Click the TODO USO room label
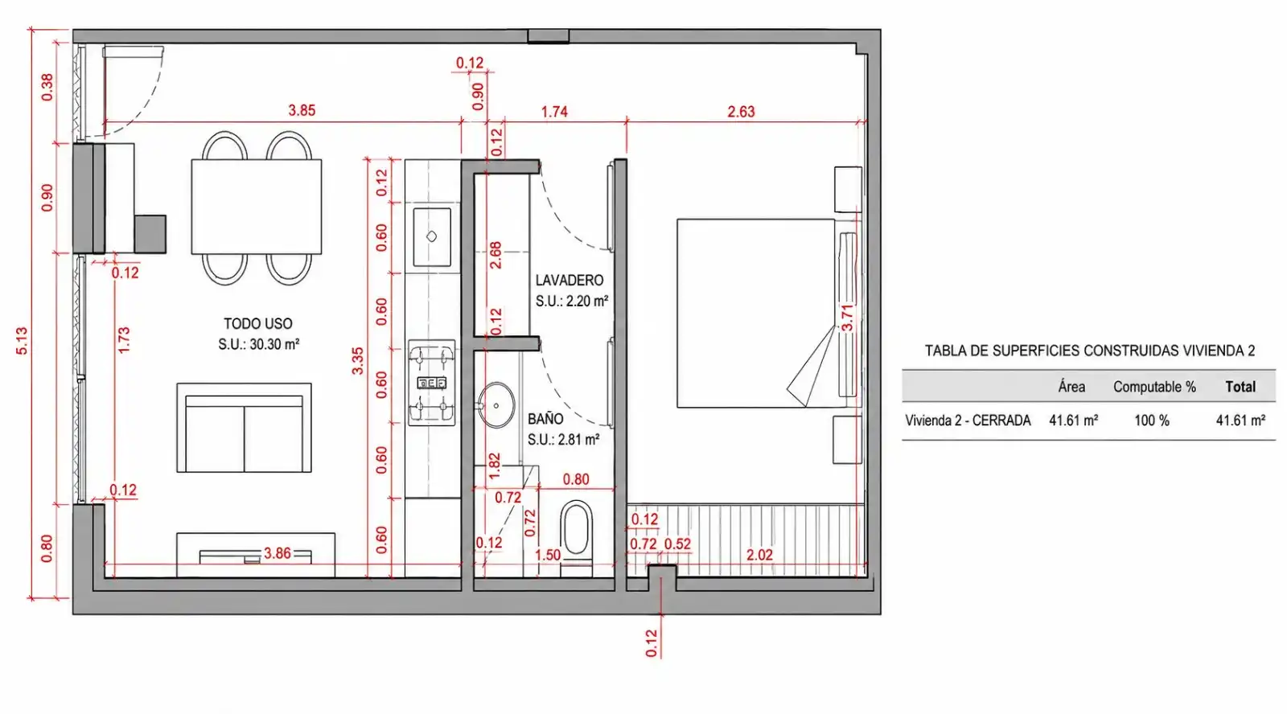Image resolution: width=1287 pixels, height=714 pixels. (x=258, y=323)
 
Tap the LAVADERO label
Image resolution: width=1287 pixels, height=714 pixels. (x=569, y=281)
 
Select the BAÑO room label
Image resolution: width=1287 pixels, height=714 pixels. (x=545, y=419)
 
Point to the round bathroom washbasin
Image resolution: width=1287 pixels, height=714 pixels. (x=495, y=405)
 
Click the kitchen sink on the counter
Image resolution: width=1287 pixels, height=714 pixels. (x=431, y=236)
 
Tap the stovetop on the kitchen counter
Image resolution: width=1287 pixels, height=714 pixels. (x=431, y=383)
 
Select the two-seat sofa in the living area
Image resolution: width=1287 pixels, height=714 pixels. (x=245, y=428)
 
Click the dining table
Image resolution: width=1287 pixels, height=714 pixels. (x=257, y=207)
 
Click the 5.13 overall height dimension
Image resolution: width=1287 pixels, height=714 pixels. (x=21, y=341)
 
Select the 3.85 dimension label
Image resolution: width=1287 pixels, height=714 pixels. (x=302, y=110)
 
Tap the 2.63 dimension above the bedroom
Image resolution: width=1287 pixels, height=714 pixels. (x=741, y=112)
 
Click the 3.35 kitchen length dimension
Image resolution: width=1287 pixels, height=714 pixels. (x=357, y=361)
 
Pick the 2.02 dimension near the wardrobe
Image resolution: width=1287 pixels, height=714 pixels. (x=759, y=555)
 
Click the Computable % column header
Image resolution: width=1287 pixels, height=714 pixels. (x=1154, y=387)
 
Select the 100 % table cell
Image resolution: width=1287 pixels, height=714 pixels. (x=1152, y=421)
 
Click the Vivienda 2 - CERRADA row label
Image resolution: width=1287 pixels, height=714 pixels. (x=968, y=421)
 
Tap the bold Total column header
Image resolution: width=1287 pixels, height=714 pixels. (x=1240, y=387)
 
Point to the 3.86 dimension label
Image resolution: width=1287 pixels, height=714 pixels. (x=277, y=553)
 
